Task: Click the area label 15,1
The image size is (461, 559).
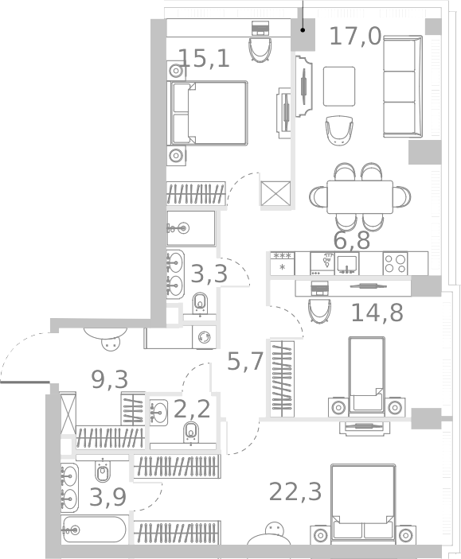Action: tap(204, 58)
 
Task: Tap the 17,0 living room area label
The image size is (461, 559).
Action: tap(355, 36)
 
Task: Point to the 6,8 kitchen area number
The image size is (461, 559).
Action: tap(351, 241)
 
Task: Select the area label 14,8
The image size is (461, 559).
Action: tap(377, 312)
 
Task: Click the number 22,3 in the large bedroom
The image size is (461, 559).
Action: tap(295, 492)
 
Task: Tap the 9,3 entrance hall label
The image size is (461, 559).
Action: tap(110, 379)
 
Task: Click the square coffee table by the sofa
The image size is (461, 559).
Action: tap(339, 86)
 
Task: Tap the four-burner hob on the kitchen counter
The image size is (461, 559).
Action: tap(396, 263)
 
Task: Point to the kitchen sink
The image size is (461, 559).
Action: tap(348, 263)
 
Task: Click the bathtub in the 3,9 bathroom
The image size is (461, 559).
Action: tap(94, 530)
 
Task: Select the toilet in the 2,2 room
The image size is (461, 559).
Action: tap(191, 433)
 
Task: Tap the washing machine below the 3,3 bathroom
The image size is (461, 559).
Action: tap(205, 337)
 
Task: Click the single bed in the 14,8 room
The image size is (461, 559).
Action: tap(366, 374)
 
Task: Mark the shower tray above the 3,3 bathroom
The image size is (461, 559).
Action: tap(191, 228)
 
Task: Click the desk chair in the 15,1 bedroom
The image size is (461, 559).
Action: tap(260, 49)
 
